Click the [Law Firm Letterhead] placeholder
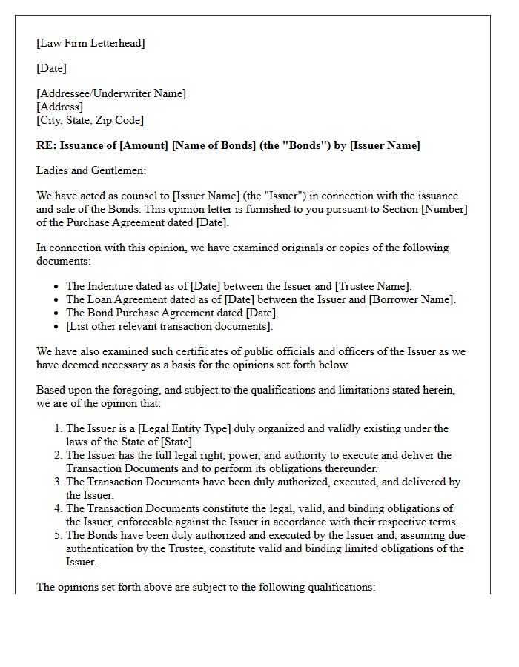click(90, 43)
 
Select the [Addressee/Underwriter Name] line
click(111, 93)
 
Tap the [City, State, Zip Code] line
click(90, 120)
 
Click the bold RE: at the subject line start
click(47, 145)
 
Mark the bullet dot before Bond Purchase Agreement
click(57, 313)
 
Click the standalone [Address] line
click(60, 107)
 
